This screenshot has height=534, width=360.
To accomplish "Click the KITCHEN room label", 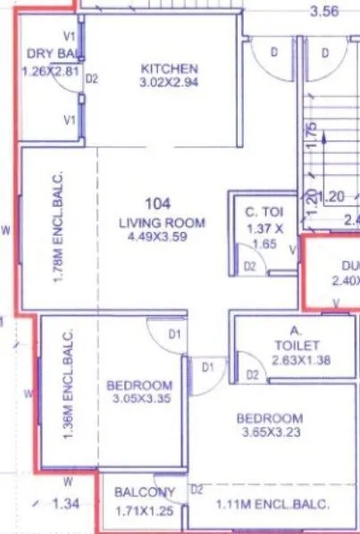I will click(x=169, y=69).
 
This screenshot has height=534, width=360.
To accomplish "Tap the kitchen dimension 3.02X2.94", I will click(x=169, y=86).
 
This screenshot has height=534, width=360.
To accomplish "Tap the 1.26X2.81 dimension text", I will click(x=50, y=71).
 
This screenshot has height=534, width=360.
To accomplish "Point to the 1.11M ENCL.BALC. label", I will click(x=272, y=505).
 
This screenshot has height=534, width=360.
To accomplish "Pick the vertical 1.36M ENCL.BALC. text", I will click(x=68, y=385).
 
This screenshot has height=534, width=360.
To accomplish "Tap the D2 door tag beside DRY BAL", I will click(x=91, y=79).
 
